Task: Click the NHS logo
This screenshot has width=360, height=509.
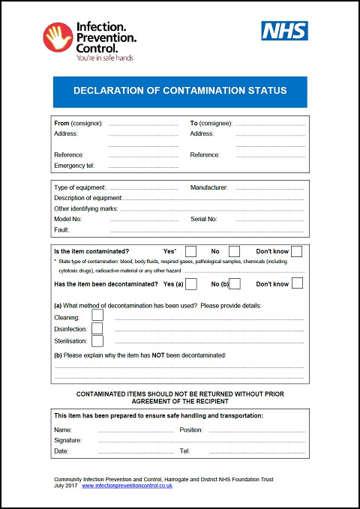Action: pyautogui.click(x=284, y=31)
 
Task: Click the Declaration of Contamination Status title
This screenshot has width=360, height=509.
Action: pyautogui.click(x=180, y=91)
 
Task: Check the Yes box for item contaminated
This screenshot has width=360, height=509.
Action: pyautogui.click(x=191, y=251)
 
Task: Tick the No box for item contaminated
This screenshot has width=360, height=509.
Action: pyautogui.click(x=235, y=251)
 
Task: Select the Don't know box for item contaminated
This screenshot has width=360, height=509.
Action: pyautogui.click(x=297, y=251)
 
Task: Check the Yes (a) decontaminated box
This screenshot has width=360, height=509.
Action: pyautogui.click(x=191, y=283)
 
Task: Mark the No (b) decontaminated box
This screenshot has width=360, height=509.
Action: pyautogui.click(x=235, y=283)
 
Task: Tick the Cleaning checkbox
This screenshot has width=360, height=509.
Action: pyautogui.click(x=97, y=316)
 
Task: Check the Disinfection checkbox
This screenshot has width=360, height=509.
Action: pyautogui.click(x=97, y=328)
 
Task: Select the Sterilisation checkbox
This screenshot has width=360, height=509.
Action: pyautogui.click(x=97, y=340)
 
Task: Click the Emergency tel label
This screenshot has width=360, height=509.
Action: pyautogui.click(x=73, y=166)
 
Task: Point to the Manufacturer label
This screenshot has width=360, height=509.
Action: pyautogui.click(x=209, y=187)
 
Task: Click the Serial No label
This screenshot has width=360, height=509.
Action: pyautogui.click(x=204, y=219)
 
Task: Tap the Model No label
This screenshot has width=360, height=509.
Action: pyautogui.click(x=68, y=219)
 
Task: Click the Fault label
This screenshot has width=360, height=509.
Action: pyautogui.click(x=61, y=229)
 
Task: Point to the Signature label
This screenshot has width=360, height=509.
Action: pyautogui.click(x=68, y=441)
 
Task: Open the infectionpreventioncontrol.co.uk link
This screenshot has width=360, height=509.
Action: pyautogui.click(x=127, y=486)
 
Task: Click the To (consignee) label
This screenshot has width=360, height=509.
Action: pyautogui.click(x=211, y=123)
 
